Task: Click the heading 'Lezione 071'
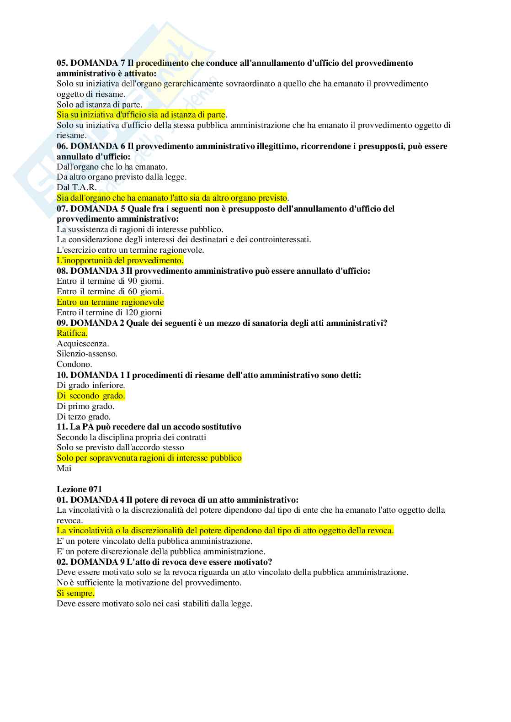point(79,489)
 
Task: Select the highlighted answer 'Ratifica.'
point(72,333)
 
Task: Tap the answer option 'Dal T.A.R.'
point(76,187)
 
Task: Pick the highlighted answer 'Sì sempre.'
point(75,593)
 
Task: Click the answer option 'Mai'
point(64,468)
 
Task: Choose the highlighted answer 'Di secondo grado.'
point(90,396)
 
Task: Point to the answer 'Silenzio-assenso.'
point(87,354)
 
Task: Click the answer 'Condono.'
point(74,364)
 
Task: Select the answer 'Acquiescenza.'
point(83,344)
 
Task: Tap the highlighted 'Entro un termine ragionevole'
point(110,302)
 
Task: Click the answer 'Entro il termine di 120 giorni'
point(109,313)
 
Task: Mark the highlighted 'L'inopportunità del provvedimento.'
point(120,260)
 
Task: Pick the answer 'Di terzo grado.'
point(84,417)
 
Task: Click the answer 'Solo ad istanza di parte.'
point(99,105)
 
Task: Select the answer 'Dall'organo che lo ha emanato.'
point(112,167)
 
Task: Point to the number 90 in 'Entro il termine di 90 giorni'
point(133,281)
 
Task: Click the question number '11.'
point(62,427)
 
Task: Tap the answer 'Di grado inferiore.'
point(90,385)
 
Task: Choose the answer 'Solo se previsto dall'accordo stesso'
point(120,447)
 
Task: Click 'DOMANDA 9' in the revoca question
point(95,562)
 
